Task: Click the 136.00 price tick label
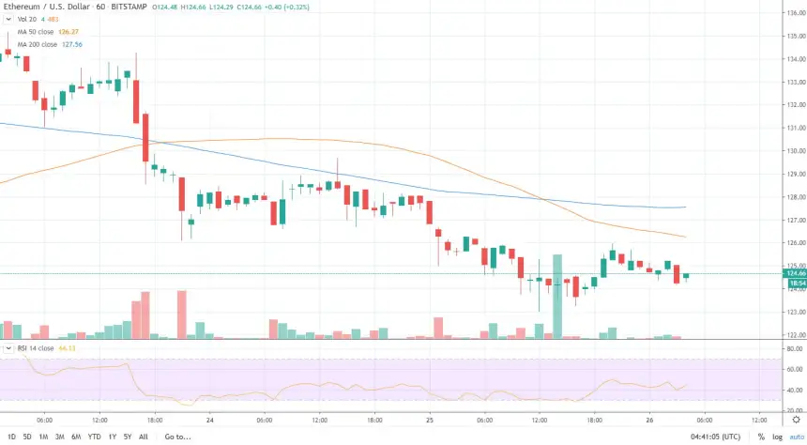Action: pyautogui.click(x=796, y=36)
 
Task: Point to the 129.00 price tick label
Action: pyautogui.click(x=796, y=174)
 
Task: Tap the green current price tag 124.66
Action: pyautogui.click(x=796, y=273)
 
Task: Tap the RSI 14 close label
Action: pyautogui.click(x=36, y=348)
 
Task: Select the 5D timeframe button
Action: pyautogui.click(x=26, y=437)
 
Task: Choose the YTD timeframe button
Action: pyautogui.click(x=94, y=437)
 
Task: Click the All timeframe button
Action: pyautogui.click(x=143, y=437)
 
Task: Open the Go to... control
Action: pyautogui.click(x=177, y=437)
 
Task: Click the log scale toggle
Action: pyautogui.click(x=776, y=437)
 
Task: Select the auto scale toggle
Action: pyautogui.click(x=796, y=437)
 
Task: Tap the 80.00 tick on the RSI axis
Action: pyautogui.click(x=796, y=348)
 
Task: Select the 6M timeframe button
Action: pyautogui.click(x=75, y=437)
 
